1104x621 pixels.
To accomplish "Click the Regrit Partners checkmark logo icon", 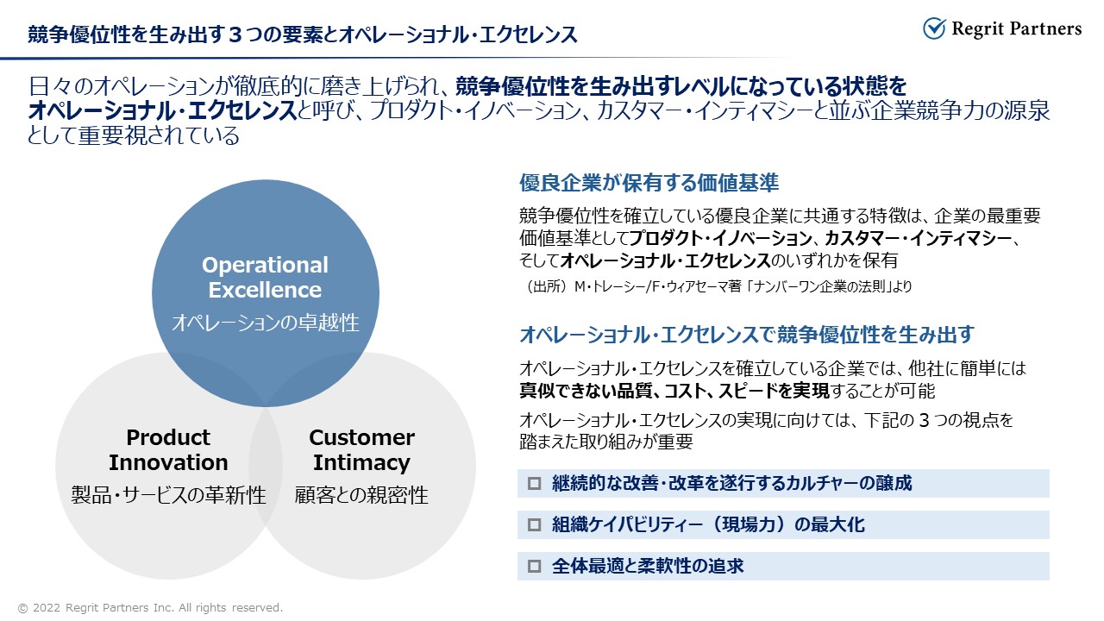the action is pos(934,28).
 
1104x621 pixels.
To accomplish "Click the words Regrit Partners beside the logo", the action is pos(1017,29).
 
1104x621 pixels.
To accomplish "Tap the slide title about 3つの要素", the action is pos(302,34).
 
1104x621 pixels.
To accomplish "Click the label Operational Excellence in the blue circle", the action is pos(265,277).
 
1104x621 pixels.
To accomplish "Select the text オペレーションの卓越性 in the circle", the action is pos(265,323).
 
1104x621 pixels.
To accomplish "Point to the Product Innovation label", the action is pos(168,449).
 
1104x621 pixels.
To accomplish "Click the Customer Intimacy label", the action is pos(361,449).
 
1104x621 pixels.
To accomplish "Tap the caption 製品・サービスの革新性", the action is pos(168,495).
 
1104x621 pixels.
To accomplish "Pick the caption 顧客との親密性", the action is pos(361,495).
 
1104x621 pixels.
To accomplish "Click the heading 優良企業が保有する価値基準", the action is pos(649,183).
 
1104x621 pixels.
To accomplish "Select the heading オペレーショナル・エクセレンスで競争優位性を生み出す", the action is pos(747,335).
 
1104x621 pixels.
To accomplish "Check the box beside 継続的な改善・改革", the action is pos(534,483).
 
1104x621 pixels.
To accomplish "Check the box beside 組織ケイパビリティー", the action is pos(534,524).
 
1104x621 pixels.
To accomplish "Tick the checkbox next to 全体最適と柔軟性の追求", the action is pos(534,566).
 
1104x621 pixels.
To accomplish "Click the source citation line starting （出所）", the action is pos(718,286).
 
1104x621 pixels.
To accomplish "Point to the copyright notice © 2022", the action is pos(150,608).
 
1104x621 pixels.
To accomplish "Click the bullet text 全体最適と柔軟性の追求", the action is pos(648,566).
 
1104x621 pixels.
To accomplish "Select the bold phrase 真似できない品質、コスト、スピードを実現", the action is pos(674,391).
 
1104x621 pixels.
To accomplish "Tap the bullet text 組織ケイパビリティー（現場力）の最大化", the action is pos(708,524).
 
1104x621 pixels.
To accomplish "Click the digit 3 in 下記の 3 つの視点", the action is pos(925,420).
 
